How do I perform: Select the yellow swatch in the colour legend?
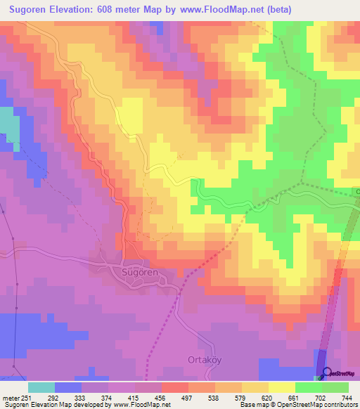(x=281, y=387)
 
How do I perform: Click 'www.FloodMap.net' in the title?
(x=226, y=10)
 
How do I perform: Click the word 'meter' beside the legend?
(x=11, y=398)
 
